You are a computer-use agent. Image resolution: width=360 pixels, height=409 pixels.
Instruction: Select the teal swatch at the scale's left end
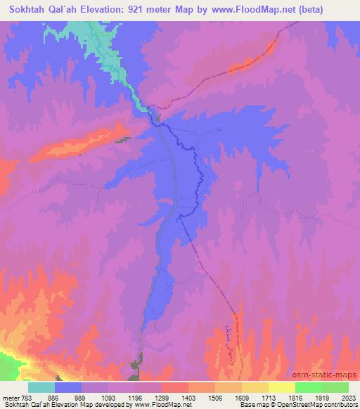click(41, 387)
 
